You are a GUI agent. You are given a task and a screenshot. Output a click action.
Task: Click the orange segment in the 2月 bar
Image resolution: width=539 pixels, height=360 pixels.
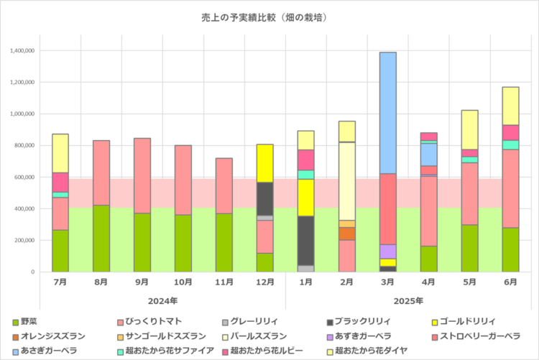click(347, 234)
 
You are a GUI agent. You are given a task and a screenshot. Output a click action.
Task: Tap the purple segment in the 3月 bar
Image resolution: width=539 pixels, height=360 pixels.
click(388, 251)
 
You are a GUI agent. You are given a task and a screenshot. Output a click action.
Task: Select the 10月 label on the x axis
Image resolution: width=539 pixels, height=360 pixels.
click(183, 282)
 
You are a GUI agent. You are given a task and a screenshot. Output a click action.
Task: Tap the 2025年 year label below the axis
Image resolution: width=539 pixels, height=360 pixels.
click(408, 300)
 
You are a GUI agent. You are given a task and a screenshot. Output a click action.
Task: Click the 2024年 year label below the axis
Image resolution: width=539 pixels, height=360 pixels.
click(162, 300)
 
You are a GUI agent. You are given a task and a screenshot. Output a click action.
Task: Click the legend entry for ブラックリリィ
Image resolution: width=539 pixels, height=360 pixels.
click(358, 322)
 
